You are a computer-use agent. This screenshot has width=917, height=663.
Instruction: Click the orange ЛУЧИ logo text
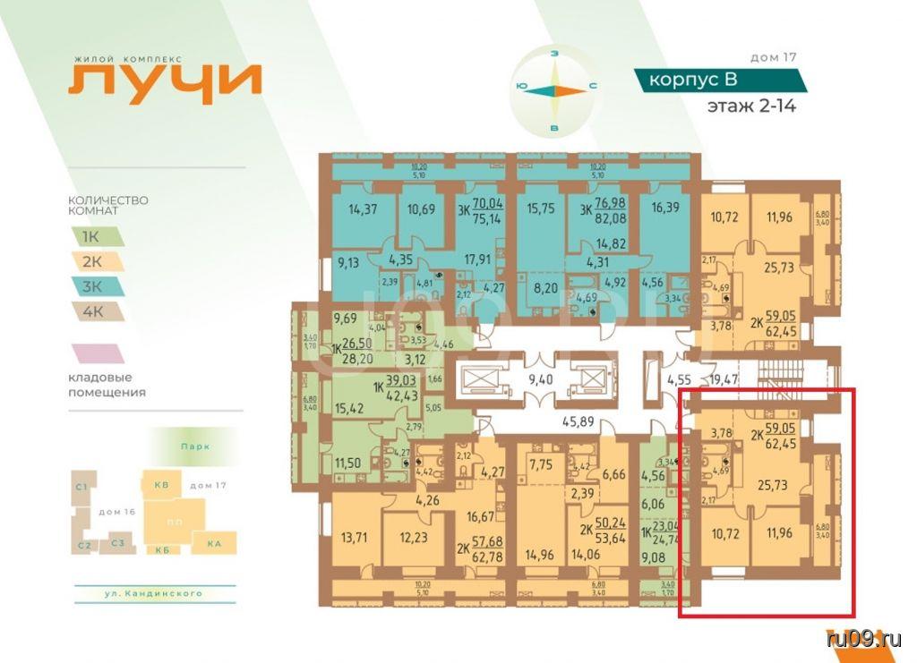click(166, 80)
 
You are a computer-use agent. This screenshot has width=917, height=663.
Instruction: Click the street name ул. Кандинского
click(152, 593)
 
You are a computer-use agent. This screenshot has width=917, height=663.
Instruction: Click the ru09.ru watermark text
click(864, 639)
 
